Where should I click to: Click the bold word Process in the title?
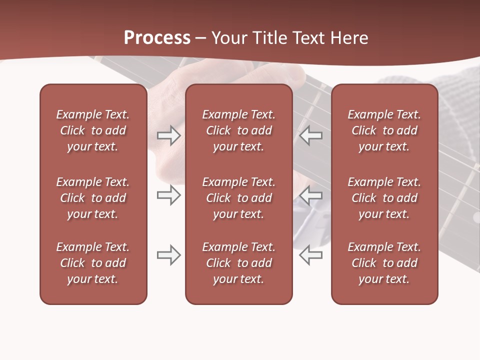pyautogui.click(x=157, y=38)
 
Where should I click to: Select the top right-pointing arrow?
pyautogui.click(x=168, y=135)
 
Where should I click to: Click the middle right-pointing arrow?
pyautogui.click(x=168, y=195)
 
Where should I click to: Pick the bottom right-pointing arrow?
pyautogui.click(x=168, y=255)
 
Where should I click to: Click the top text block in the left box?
pyautogui.click(x=93, y=130)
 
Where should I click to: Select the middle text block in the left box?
pyautogui.click(x=93, y=198)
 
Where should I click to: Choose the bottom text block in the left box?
pyautogui.click(x=93, y=263)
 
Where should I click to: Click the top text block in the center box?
pyautogui.click(x=238, y=130)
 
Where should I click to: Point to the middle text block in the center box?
pyautogui.click(x=238, y=198)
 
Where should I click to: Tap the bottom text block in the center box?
pyautogui.click(x=238, y=263)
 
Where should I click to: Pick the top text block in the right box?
pyautogui.click(x=384, y=130)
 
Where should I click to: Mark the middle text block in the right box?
pyautogui.click(x=384, y=198)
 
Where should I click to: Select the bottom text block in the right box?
pyautogui.click(x=384, y=263)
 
